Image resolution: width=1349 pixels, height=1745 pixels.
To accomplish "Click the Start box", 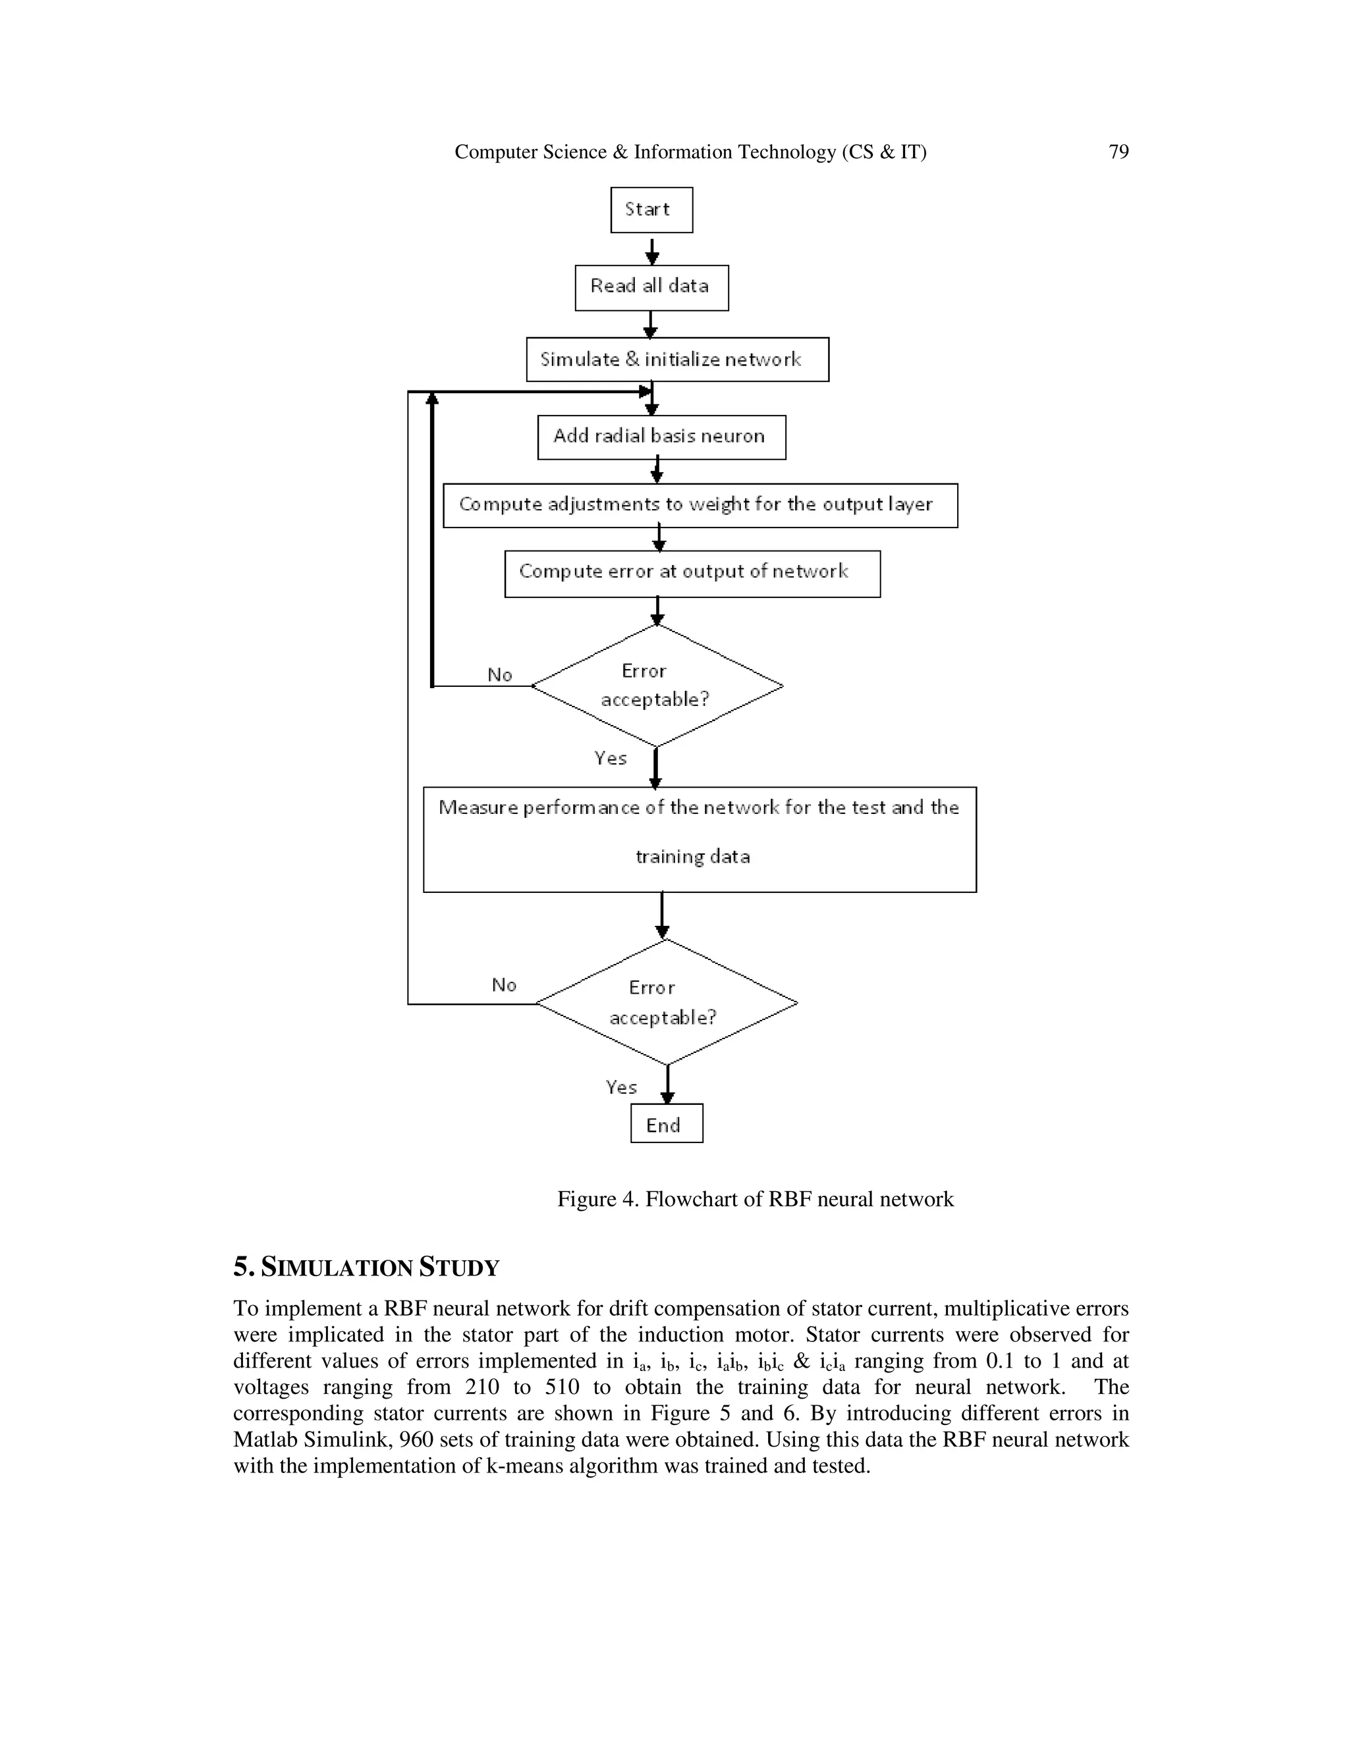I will pyautogui.click(x=651, y=210).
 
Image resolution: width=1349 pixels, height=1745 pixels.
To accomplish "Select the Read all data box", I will pyautogui.click(x=651, y=288).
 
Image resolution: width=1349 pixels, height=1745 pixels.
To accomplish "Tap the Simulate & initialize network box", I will pyautogui.click(x=677, y=360).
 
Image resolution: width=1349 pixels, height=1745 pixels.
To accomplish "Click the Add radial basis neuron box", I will pyautogui.click(x=661, y=437).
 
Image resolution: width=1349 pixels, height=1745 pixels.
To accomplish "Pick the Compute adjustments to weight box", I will pyautogui.click(x=700, y=505).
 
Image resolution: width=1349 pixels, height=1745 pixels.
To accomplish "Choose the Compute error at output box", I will pyautogui.click(x=692, y=573).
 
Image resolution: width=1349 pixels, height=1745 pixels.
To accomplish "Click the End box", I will pyautogui.click(x=666, y=1123).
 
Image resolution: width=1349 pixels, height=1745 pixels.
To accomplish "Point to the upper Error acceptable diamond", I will pyautogui.click(x=657, y=685).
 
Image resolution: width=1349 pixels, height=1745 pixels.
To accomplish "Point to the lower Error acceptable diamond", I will pyautogui.click(x=666, y=1002).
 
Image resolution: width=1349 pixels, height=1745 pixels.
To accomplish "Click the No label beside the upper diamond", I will pyautogui.click(x=499, y=675).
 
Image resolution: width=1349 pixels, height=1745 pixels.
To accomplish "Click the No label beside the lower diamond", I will pyautogui.click(x=503, y=985).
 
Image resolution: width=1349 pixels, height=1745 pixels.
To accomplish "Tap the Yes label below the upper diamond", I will pyautogui.click(x=610, y=758).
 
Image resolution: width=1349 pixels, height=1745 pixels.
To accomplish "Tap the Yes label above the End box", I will pyautogui.click(x=621, y=1087).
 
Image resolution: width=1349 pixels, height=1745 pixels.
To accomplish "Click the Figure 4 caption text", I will pyautogui.click(x=756, y=1199).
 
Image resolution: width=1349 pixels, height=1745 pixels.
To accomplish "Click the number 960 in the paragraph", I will pyautogui.click(x=416, y=1439).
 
